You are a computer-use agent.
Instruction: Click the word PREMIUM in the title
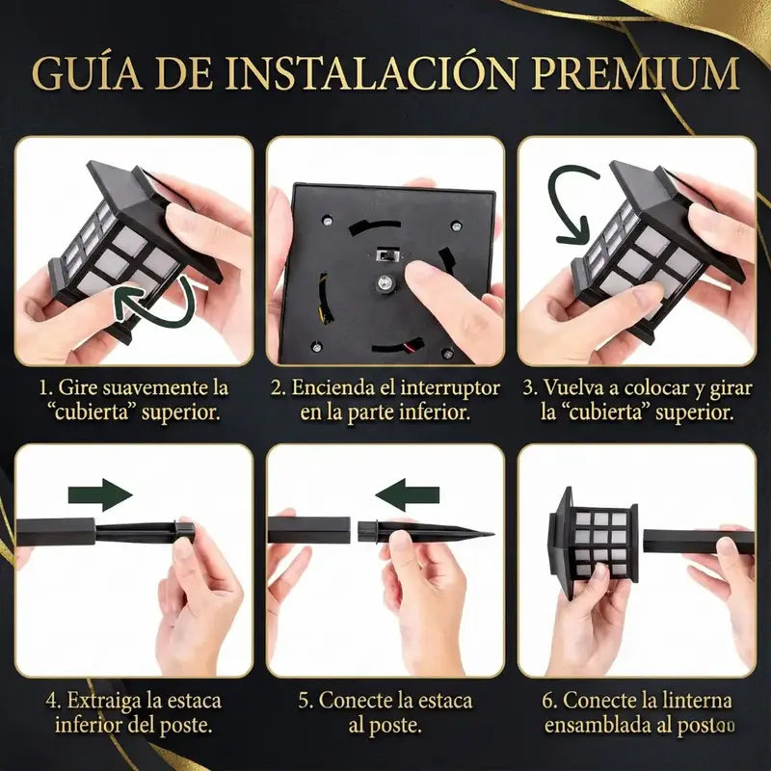click(635, 74)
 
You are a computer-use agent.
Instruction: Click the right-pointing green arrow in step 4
click(100, 494)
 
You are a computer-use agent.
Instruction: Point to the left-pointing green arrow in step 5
click(407, 494)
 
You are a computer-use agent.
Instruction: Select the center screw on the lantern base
click(383, 282)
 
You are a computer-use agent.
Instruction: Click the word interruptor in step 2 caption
click(450, 388)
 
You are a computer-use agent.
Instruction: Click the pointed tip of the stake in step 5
click(492, 535)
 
